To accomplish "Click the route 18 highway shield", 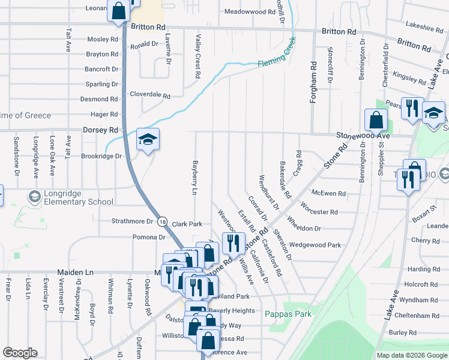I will click(x=163, y=221).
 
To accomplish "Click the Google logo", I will click(x=20, y=353).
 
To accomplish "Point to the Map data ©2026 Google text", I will click(x=411, y=355).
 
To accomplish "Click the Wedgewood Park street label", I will click(x=315, y=245).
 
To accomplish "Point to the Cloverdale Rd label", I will click(x=151, y=95).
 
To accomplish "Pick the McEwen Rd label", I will click(x=329, y=193).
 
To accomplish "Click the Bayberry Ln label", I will click(x=194, y=177).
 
